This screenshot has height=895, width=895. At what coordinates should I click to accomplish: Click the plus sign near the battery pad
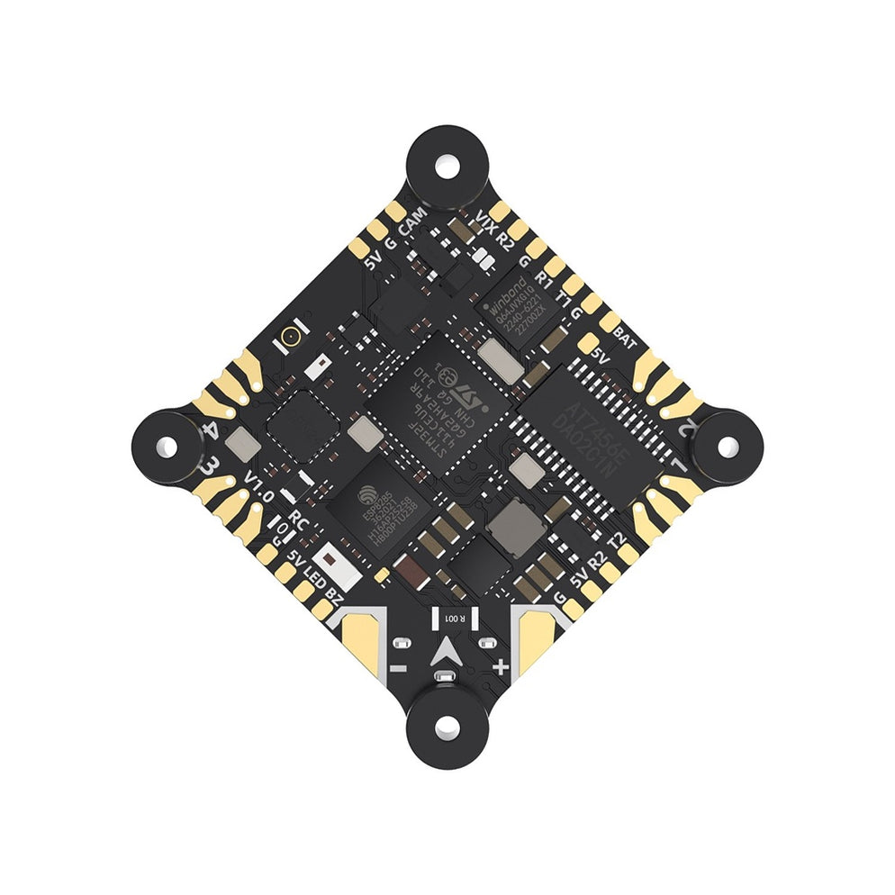coord(501,667)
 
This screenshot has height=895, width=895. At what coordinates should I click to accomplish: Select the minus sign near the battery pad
coord(396,668)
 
